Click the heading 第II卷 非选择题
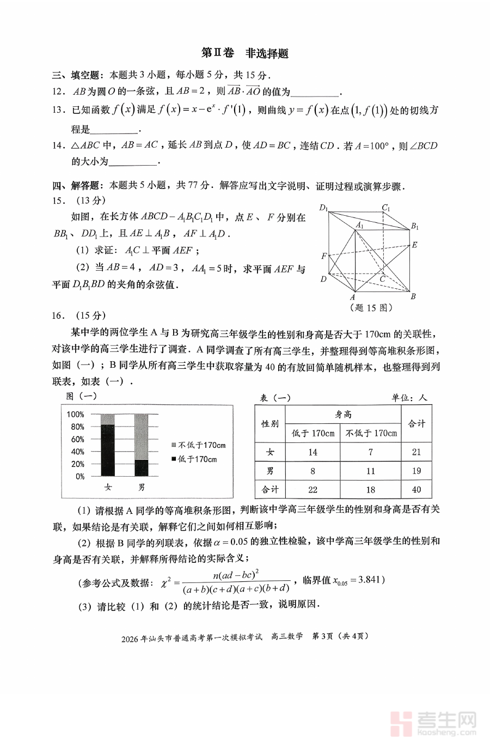(x=244, y=53)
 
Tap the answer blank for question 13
(x=115, y=130)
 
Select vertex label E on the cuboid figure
(x=414, y=245)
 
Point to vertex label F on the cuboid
(x=324, y=256)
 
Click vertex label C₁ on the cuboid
(x=386, y=207)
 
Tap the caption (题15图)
(x=370, y=307)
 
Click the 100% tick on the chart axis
(x=76, y=414)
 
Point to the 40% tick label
(x=77, y=452)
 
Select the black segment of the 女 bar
(x=108, y=451)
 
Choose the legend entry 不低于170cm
(x=198, y=445)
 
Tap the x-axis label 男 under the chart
(x=141, y=488)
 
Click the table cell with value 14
(x=313, y=452)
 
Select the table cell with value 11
(x=370, y=471)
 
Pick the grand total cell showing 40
(x=416, y=489)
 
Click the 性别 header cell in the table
(x=270, y=423)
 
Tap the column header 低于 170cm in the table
(x=313, y=433)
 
